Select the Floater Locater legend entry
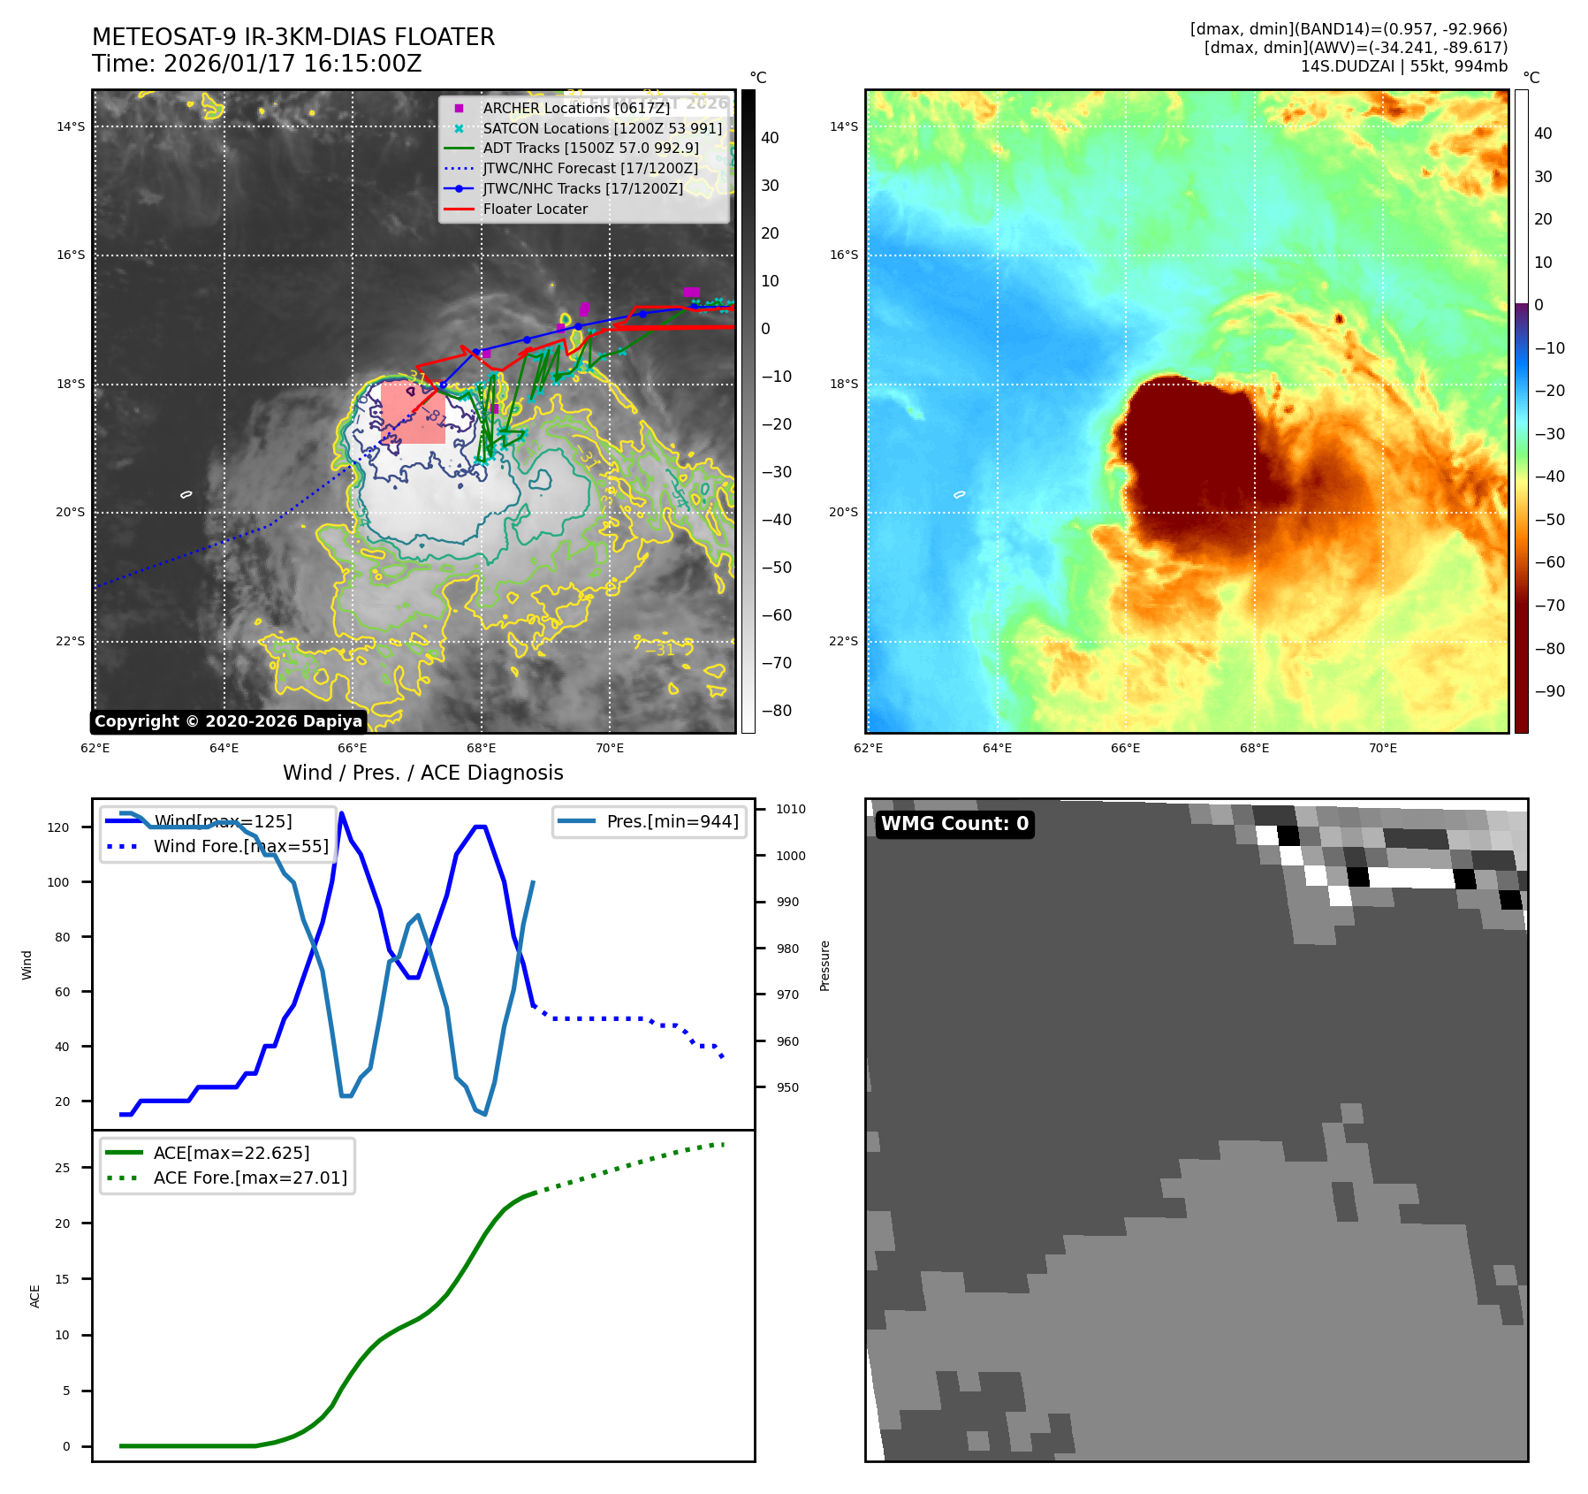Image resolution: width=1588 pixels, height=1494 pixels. click(x=535, y=209)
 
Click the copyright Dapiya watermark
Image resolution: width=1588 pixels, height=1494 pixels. click(x=228, y=721)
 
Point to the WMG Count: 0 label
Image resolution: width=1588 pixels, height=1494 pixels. click(x=954, y=824)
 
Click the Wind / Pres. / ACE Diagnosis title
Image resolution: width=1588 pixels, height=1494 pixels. click(x=422, y=773)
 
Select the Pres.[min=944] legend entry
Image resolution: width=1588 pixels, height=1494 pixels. click(x=672, y=821)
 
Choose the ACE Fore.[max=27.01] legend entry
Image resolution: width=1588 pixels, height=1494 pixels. click(x=250, y=1178)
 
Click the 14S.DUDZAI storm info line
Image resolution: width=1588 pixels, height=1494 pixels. click(x=1403, y=66)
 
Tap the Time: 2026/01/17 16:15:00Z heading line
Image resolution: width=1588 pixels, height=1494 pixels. click(x=256, y=64)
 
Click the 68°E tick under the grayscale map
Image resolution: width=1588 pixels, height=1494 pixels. click(x=482, y=748)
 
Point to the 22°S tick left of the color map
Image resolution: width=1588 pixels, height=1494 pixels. click(x=843, y=641)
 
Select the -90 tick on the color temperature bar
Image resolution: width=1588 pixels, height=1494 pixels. click(x=1549, y=691)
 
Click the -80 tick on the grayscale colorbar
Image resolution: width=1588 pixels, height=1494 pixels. click(x=777, y=711)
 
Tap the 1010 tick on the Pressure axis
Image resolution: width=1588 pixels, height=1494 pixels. click(x=791, y=809)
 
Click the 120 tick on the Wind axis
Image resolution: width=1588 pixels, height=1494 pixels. click(x=58, y=827)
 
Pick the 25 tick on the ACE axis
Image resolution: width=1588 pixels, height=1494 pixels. click(x=62, y=1168)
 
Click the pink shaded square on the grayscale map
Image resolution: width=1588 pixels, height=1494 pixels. click(x=413, y=413)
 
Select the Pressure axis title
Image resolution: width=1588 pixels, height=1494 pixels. click(x=824, y=965)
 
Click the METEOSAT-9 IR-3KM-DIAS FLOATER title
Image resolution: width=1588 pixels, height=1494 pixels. click(x=293, y=37)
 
